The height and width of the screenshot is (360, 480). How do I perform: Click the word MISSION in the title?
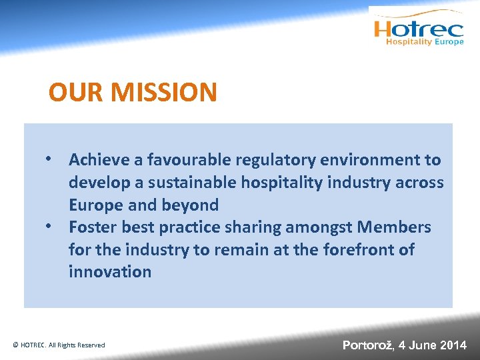164,92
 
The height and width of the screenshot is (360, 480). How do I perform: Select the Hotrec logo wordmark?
418,29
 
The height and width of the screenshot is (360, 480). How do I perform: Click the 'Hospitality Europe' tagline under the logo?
425,42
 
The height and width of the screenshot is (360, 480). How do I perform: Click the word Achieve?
98,160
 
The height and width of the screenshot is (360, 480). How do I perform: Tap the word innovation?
110,272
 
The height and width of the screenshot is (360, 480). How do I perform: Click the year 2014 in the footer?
453,345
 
